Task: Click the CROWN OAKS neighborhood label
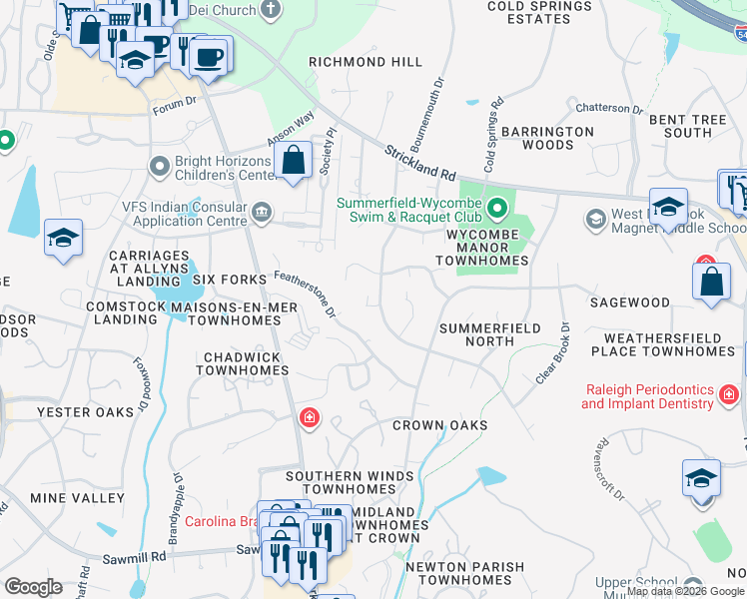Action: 439,425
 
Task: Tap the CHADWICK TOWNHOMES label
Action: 242,363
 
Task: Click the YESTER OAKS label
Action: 85,412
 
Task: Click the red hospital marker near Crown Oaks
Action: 310,417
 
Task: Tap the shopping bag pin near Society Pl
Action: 294,160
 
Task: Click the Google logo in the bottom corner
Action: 33,587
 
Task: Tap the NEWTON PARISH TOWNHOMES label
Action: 464,574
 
